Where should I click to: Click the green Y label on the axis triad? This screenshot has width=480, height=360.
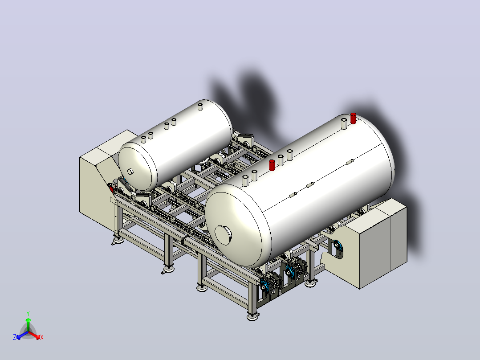tap(28, 313)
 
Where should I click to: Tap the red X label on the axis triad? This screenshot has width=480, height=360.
tap(42, 337)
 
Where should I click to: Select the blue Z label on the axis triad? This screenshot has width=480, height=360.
tap(15, 337)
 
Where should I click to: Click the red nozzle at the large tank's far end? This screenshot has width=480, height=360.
tap(353, 118)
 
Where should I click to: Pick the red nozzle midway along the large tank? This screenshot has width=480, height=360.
tap(272, 165)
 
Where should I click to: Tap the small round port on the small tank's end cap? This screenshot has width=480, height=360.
tap(130, 172)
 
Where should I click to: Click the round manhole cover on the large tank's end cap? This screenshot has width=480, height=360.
tap(223, 235)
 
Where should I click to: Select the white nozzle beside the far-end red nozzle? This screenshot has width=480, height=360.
tap(344, 123)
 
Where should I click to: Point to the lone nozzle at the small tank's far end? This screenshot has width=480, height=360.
tap(200, 106)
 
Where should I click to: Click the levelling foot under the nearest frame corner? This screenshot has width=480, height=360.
tap(252, 316)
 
